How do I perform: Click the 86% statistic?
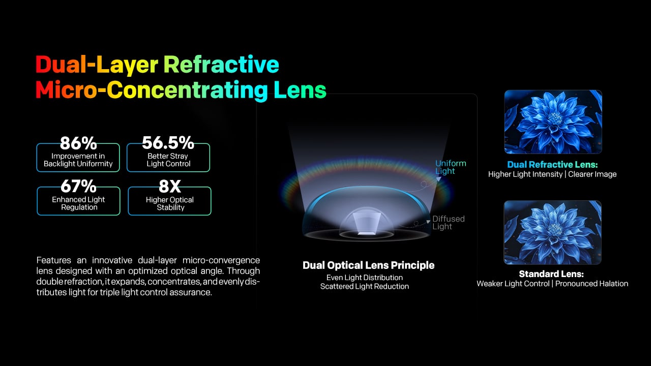(x=78, y=143)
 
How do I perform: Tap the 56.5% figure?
(x=168, y=143)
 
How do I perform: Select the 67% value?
(x=78, y=186)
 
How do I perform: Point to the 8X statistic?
(x=170, y=187)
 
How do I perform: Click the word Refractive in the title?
(x=221, y=65)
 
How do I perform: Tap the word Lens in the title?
(x=300, y=90)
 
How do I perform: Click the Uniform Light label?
(x=451, y=167)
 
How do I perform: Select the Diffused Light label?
(x=449, y=223)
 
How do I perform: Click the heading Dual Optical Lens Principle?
(x=368, y=265)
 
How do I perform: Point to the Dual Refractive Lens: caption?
(x=552, y=164)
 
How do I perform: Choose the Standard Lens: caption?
(x=551, y=274)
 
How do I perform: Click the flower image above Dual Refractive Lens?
(x=553, y=121)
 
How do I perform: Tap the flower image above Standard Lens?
(x=552, y=232)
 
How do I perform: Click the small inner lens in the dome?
(x=367, y=223)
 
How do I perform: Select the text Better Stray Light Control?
(x=168, y=160)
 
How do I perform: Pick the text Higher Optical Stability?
(x=170, y=203)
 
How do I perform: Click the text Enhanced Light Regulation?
(x=78, y=203)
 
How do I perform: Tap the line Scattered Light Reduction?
(x=365, y=286)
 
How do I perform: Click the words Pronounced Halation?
(x=591, y=284)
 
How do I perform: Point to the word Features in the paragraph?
(x=54, y=260)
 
